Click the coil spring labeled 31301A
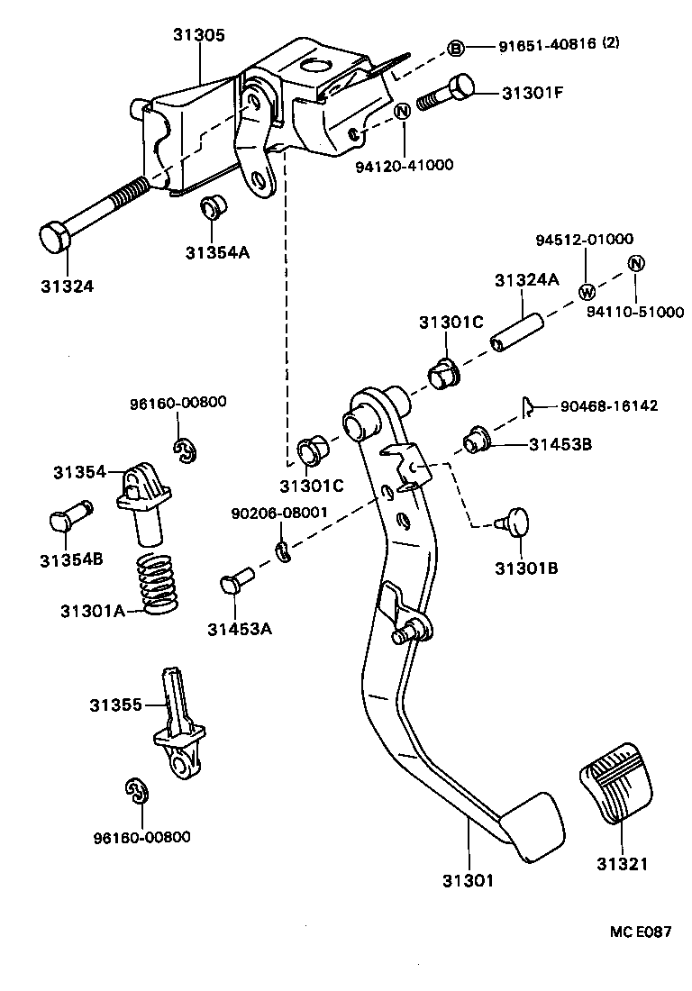coord(158,584)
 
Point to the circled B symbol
coord(456,48)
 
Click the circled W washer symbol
coord(586,291)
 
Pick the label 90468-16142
coord(608,406)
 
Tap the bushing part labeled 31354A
coord(214,208)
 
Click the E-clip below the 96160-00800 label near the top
coord(185,452)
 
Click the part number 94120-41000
coord(405,165)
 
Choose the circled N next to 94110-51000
coord(635,263)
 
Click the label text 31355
coord(115,705)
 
